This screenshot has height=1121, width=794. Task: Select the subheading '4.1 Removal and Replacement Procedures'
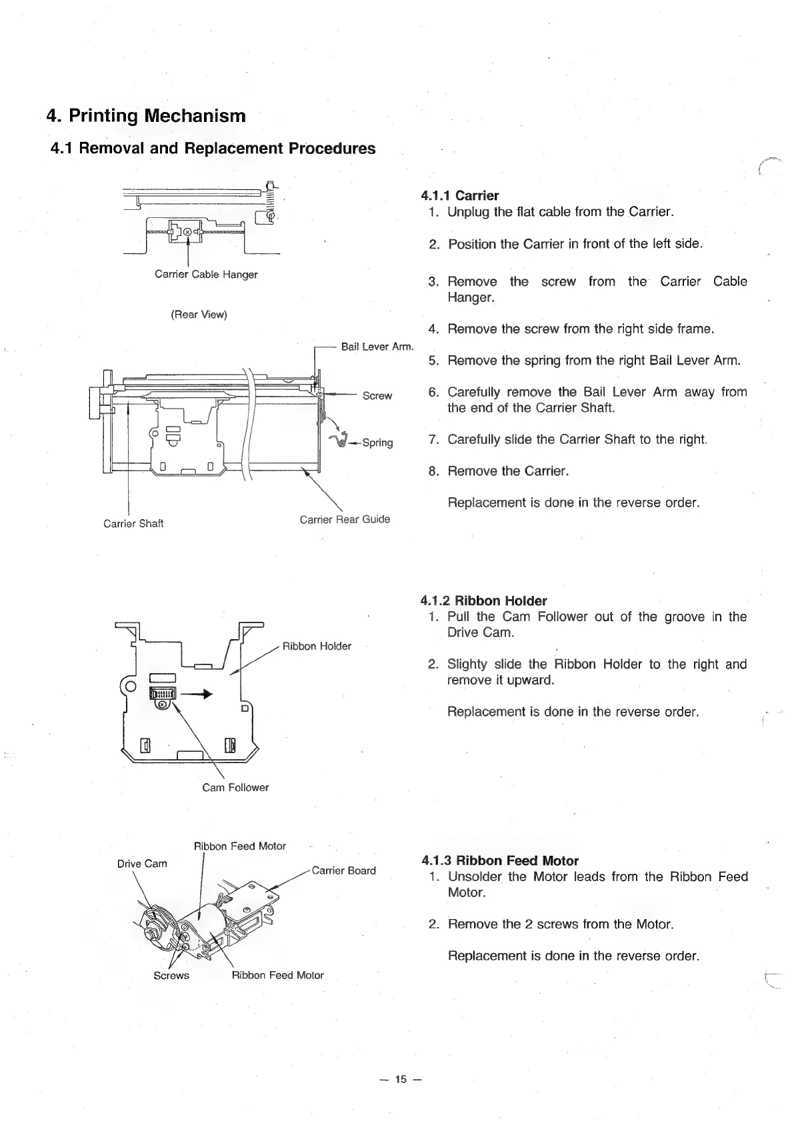click(213, 149)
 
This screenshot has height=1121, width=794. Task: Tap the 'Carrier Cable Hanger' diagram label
click(206, 274)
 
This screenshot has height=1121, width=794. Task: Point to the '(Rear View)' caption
click(199, 315)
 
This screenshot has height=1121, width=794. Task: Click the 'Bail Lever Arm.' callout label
click(377, 347)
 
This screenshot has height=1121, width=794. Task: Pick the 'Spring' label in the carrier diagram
click(377, 443)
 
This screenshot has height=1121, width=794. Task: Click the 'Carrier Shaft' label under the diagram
click(133, 524)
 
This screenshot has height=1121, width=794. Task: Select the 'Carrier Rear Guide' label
click(345, 519)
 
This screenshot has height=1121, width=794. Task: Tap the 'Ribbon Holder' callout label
click(317, 646)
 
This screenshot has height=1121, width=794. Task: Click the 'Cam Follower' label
click(235, 787)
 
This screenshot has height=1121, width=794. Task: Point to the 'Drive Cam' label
click(142, 864)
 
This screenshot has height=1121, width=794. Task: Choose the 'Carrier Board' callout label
click(343, 870)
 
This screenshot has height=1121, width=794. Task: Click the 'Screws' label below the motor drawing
click(171, 976)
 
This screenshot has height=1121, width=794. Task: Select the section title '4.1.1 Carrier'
click(459, 195)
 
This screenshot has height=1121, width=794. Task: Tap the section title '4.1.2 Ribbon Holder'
click(483, 600)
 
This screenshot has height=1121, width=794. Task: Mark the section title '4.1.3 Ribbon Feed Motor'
click(500, 860)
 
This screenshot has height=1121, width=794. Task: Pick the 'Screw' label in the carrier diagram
click(377, 396)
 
